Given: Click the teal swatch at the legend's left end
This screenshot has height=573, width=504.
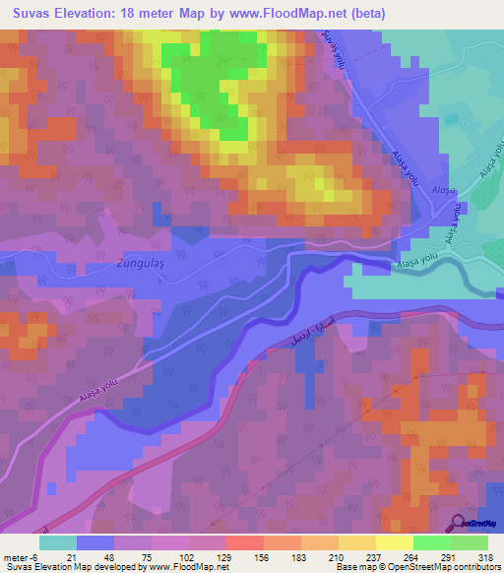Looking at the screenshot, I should click(58, 542).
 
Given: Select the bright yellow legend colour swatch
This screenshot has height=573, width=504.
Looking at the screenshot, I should click(395, 542).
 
